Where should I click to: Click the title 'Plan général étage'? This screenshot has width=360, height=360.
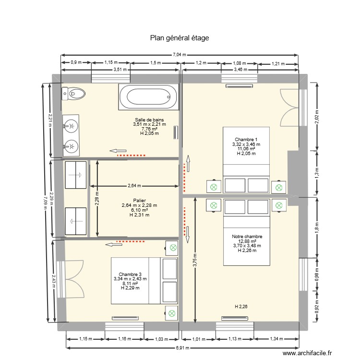[180, 37]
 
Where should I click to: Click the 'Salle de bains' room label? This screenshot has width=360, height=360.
[149, 120]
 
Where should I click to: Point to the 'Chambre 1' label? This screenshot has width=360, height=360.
[246, 139]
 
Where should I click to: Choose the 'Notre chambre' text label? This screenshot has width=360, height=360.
[247, 237]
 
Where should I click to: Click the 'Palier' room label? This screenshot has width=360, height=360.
[139, 201]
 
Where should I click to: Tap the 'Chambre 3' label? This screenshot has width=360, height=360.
[130, 274]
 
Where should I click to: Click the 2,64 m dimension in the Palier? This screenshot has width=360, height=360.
[135, 186]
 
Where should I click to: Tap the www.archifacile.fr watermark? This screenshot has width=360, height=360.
[307, 353]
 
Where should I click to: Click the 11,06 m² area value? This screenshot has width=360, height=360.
[246, 149]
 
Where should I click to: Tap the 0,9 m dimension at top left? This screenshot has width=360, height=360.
[76, 63]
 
